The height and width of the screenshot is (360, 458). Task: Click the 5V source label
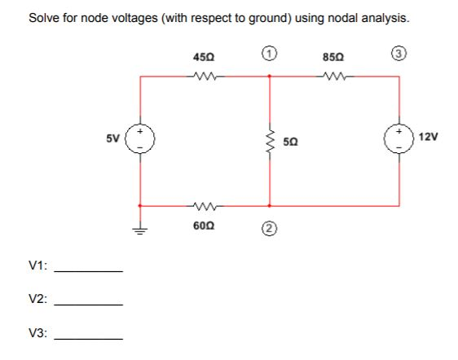pyautogui.click(x=113, y=137)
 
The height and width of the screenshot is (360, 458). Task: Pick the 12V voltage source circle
pyautogui.click(x=399, y=140)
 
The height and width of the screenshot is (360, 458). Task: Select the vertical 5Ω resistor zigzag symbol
pyautogui.click(x=270, y=141)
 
